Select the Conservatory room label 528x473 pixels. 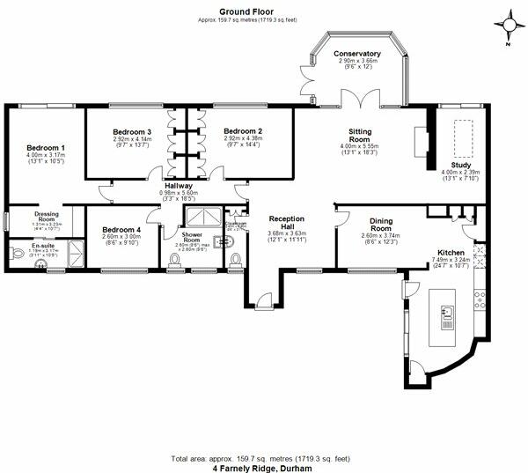point(356,54)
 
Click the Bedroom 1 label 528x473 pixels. point(45,147)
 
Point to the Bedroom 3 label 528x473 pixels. point(132,132)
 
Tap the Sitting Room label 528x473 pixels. point(358,135)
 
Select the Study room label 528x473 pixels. point(461,164)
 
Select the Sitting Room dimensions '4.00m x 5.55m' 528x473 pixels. point(358,148)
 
